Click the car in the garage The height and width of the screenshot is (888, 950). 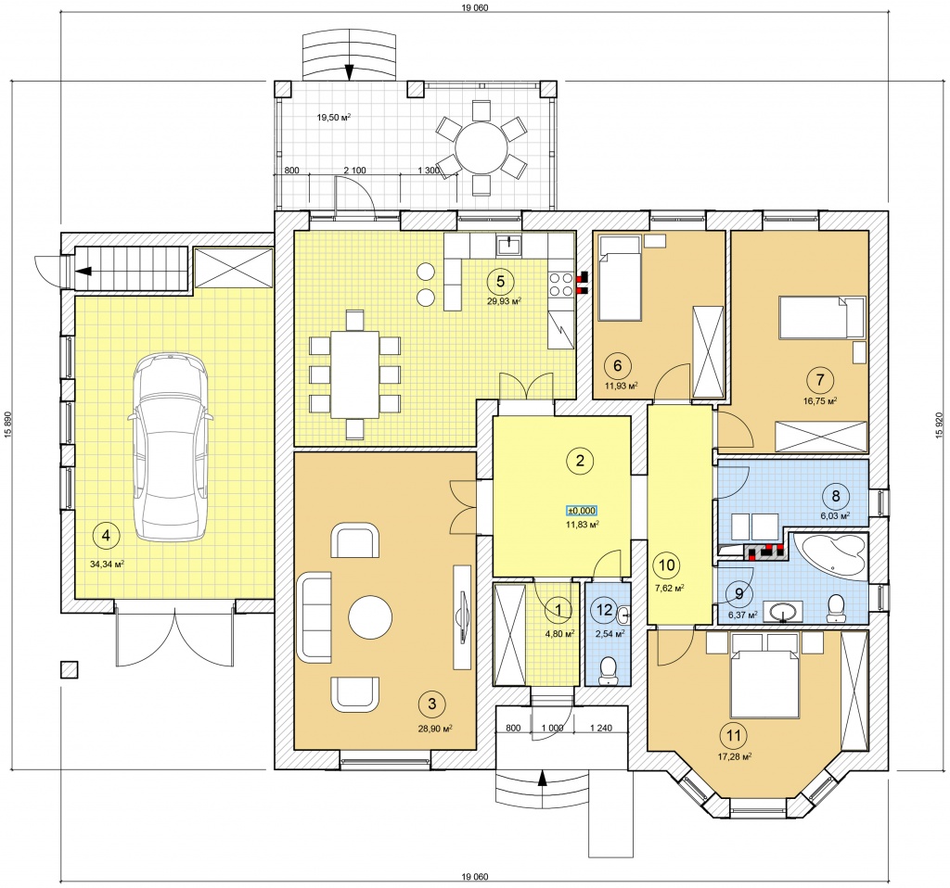[171, 447]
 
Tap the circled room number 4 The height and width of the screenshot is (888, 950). [107, 535]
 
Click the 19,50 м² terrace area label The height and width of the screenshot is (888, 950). [334, 118]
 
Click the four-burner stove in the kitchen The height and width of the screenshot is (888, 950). [561, 285]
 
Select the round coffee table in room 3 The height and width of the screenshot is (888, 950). [370, 616]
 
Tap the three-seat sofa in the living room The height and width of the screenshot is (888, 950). [315, 617]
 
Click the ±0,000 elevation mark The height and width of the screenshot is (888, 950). [581, 511]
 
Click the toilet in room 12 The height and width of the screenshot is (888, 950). [607, 671]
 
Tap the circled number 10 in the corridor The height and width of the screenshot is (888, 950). [666, 565]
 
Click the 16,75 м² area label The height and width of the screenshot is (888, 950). [820, 400]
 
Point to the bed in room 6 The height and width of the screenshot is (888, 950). [620, 278]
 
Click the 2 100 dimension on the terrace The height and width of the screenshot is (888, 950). [355, 171]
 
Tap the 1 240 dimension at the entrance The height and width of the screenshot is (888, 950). [601, 729]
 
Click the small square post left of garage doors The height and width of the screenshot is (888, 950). [69, 669]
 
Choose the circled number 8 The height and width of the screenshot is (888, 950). [836, 496]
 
